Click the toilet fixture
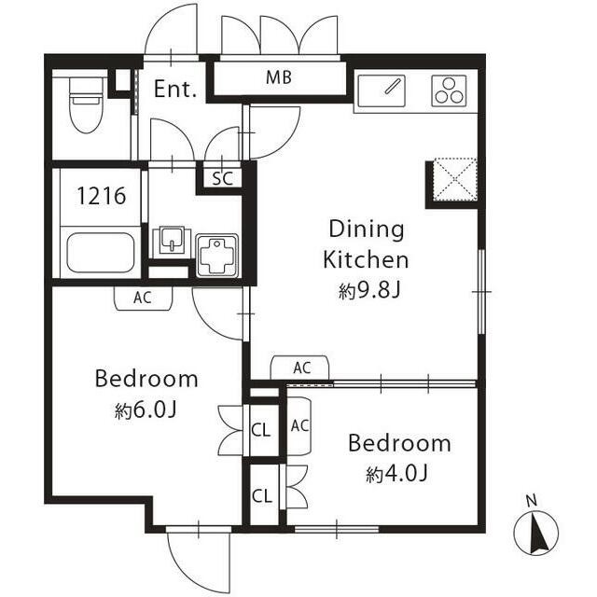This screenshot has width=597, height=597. pos(87,105)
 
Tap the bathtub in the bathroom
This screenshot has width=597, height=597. pos(101,253)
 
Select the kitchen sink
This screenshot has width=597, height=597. pos(382,91)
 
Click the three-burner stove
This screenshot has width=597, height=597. pos(450,90)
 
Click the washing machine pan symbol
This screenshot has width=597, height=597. pos(217,256)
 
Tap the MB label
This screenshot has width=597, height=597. pos(279,77)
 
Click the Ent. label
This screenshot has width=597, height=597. pos(175,90)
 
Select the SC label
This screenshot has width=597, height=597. pos(223,178)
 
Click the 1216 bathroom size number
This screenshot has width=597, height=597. pos(102,196)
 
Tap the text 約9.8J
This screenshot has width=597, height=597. pos(369,291)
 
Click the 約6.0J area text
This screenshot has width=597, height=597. pos(146,410)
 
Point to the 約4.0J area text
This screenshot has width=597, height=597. pos(397,474)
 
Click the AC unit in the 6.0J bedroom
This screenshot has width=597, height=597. pos(143,298)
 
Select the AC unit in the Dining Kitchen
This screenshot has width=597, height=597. pos(299,368)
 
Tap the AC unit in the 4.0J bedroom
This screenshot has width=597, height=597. pos(299,426)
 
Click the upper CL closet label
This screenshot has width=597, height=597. pos(261,430)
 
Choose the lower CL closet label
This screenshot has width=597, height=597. pos(261,496)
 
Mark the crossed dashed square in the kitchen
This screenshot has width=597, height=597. pos(454,179)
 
